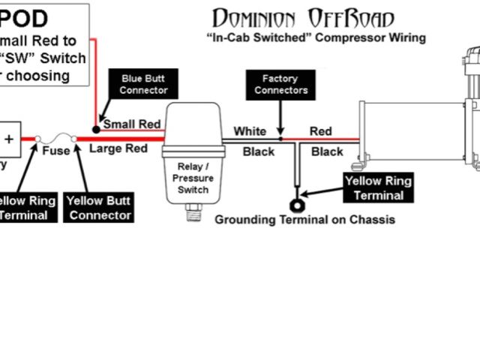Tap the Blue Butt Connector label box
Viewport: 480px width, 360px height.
point(144,85)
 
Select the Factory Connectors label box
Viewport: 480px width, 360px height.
point(280,84)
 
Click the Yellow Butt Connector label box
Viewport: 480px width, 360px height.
point(99,208)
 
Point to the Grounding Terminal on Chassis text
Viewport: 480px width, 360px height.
point(304,220)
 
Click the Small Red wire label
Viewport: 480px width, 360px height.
point(132,124)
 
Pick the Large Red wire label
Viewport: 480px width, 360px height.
point(118,148)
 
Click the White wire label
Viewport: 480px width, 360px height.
point(249,131)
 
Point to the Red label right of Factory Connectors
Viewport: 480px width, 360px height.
point(320,131)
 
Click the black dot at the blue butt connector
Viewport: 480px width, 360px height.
point(97,129)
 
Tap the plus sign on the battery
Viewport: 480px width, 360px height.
point(10,139)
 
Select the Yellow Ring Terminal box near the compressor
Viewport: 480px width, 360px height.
point(378,188)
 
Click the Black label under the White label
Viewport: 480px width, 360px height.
point(258,151)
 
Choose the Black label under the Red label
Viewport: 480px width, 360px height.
point(327,151)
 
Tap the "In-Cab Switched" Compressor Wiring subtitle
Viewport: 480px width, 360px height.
point(316,37)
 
